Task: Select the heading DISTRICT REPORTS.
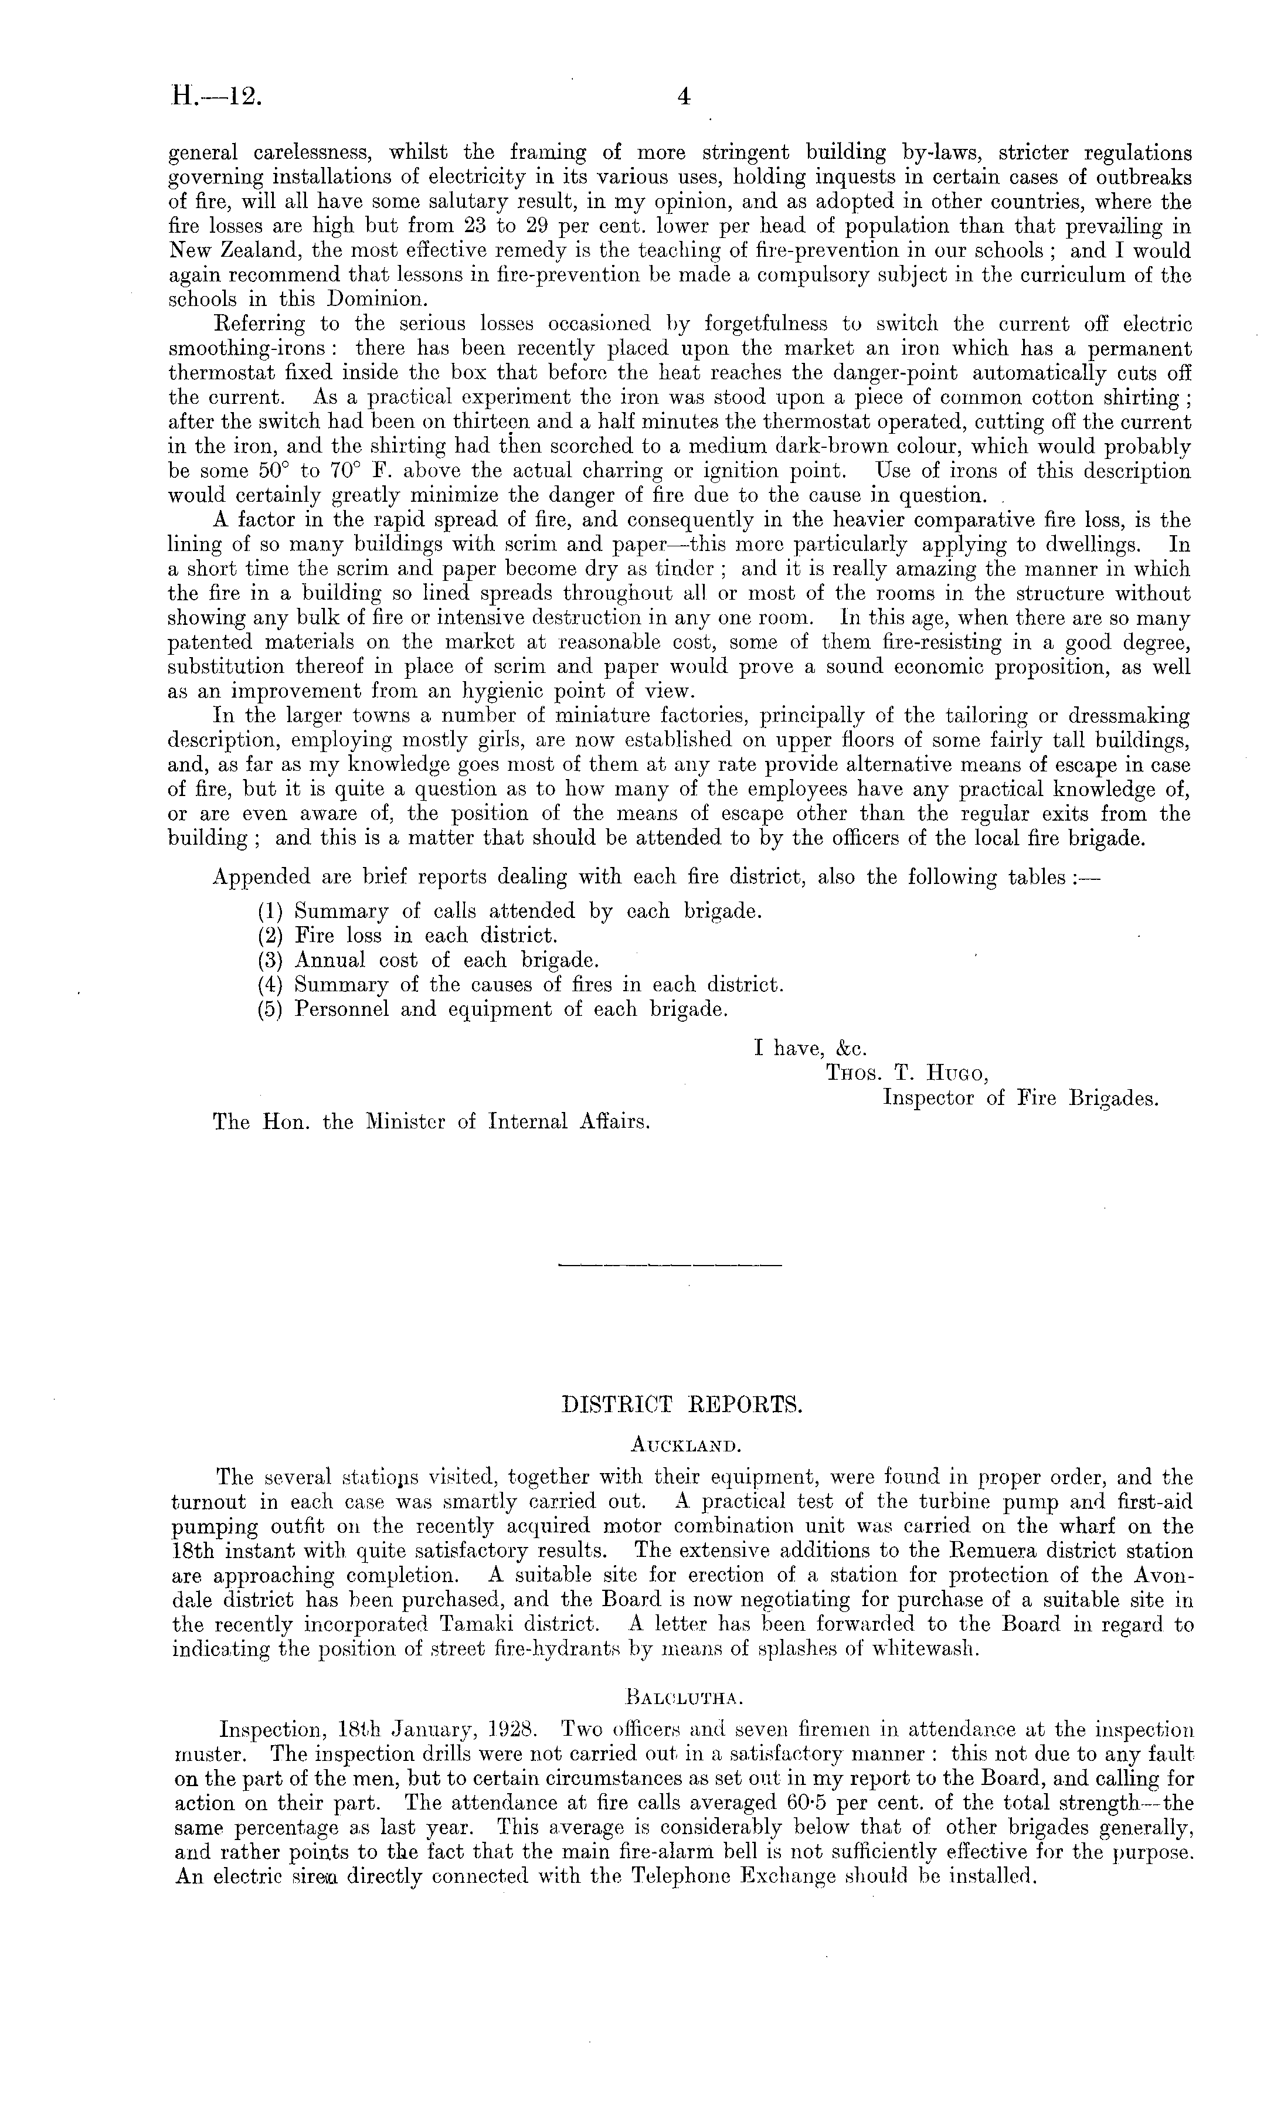click(682, 1405)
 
